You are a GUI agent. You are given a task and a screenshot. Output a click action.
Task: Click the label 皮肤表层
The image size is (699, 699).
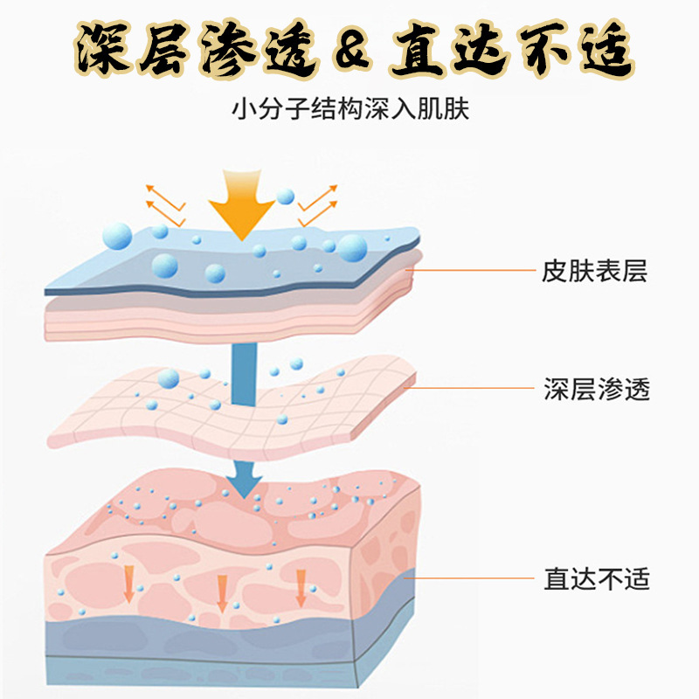point(595,272)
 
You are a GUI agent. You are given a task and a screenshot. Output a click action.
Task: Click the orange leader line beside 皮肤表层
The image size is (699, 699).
point(472,272)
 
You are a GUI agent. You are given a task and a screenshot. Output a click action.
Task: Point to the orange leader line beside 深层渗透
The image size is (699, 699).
point(472,390)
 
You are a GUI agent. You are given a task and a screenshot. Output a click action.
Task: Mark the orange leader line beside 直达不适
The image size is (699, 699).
point(472,578)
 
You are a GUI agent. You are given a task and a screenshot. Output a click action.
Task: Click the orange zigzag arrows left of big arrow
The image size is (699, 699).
point(164,200)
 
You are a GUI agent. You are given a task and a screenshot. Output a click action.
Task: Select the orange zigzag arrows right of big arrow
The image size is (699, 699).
point(317,200)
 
